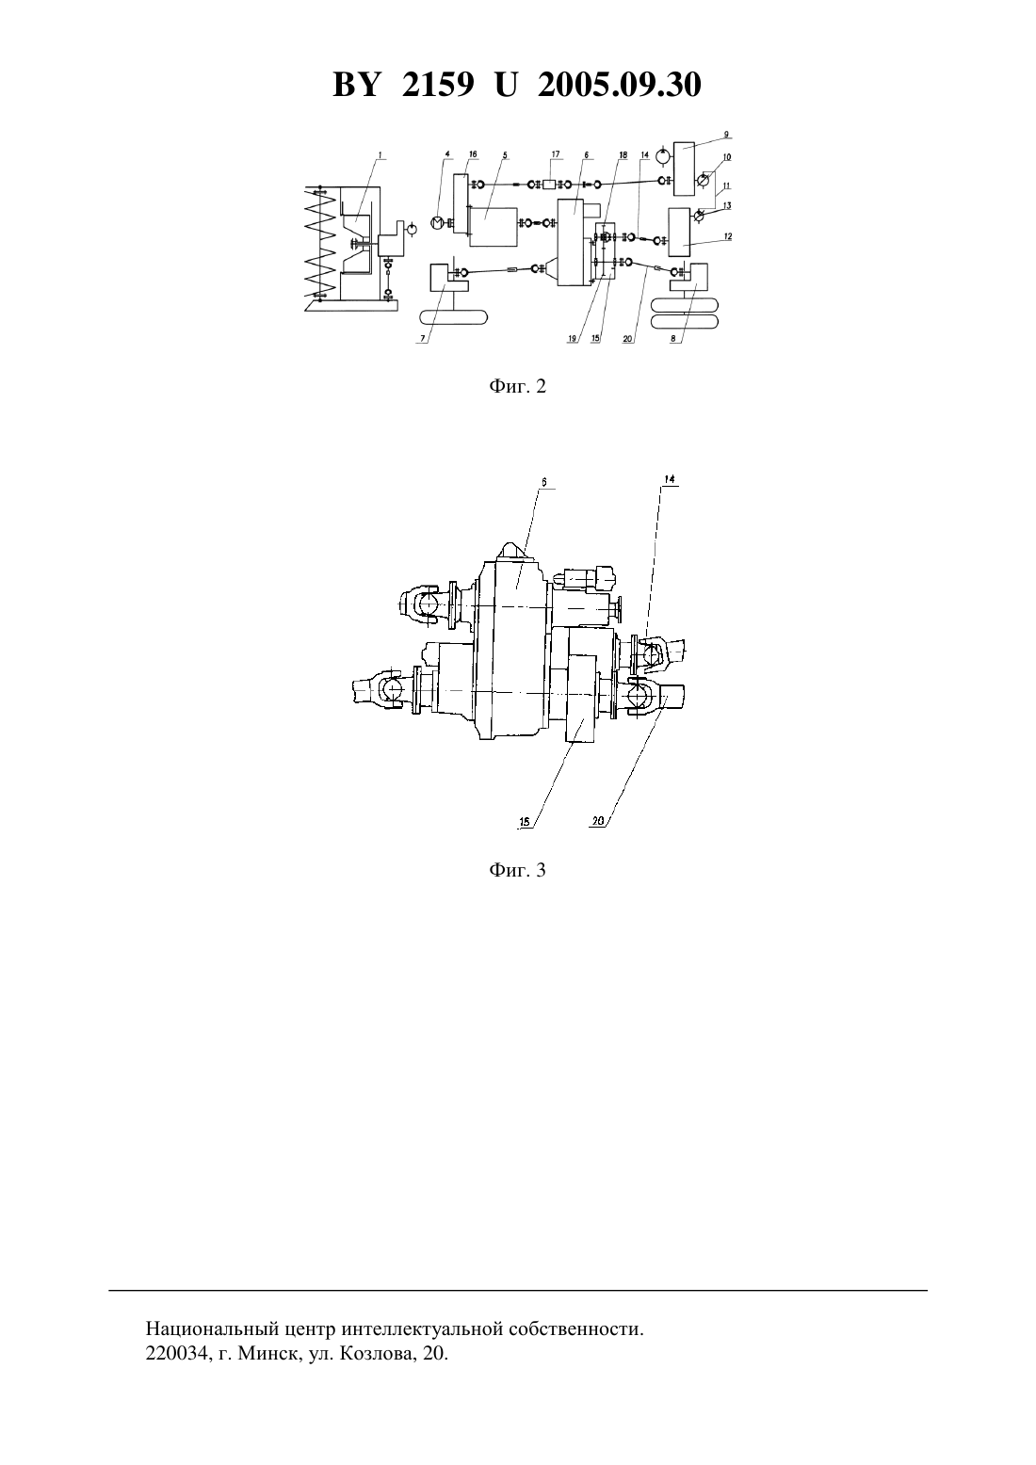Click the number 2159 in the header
[x=438, y=85]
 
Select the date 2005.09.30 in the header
[x=620, y=85]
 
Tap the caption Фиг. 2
[x=517, y=387]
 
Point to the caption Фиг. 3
[x=517, y=871]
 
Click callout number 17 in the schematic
[x=556, y=154]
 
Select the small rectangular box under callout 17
[x=549, y=185]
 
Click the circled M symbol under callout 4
[x=437, y=223]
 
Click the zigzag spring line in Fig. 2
[x=323, y=242]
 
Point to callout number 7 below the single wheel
[x=423, y=339]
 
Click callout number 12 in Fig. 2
[x=727, y=236]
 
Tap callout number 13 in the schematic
[x=727, y=205]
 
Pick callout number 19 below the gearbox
[x=573, y=339]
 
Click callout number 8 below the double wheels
[x=673, y=339]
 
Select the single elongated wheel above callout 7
[x=453, y=318]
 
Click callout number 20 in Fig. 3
[x=597, y=821]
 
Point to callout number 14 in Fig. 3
[x=669, y=479]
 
